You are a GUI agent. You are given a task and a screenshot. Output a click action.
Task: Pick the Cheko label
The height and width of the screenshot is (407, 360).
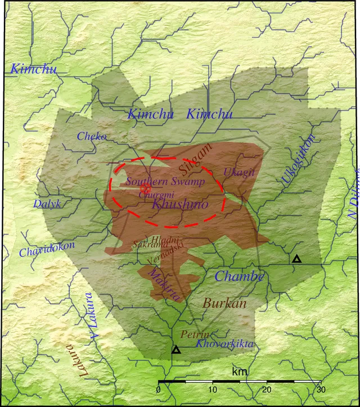[x=92, y=136]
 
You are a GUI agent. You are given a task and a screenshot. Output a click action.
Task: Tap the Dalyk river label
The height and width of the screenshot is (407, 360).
[x=47, y=203]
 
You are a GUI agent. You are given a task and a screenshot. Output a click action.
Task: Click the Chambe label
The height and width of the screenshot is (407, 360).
[x=240, y=276]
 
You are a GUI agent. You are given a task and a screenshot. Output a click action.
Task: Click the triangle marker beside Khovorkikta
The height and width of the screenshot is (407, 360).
[x=176, y=350]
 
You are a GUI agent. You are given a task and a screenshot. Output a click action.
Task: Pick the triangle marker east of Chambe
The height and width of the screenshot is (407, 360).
[x=296, y=259]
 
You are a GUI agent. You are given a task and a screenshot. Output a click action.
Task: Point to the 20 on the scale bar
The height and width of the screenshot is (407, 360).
[x=266, y=390]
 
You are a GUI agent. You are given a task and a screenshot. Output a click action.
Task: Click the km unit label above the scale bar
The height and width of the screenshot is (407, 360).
[x=240, y=372]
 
